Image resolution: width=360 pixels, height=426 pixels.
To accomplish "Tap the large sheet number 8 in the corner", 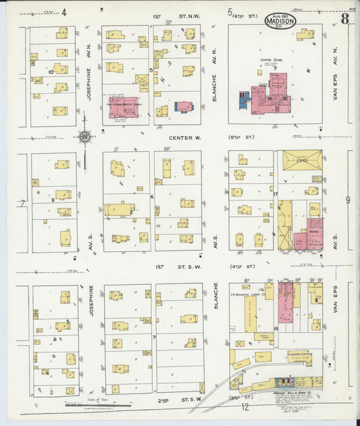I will pyautogui.click(x=344, y=19).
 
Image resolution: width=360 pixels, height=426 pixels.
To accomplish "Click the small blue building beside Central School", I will pyautogui.click(x=243, y=100).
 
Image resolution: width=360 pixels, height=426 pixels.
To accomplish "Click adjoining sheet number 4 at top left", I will pyautogui.click(x=64, y=11).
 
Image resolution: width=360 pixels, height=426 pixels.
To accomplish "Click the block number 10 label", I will pyautogui.click(x=51, y=70).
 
